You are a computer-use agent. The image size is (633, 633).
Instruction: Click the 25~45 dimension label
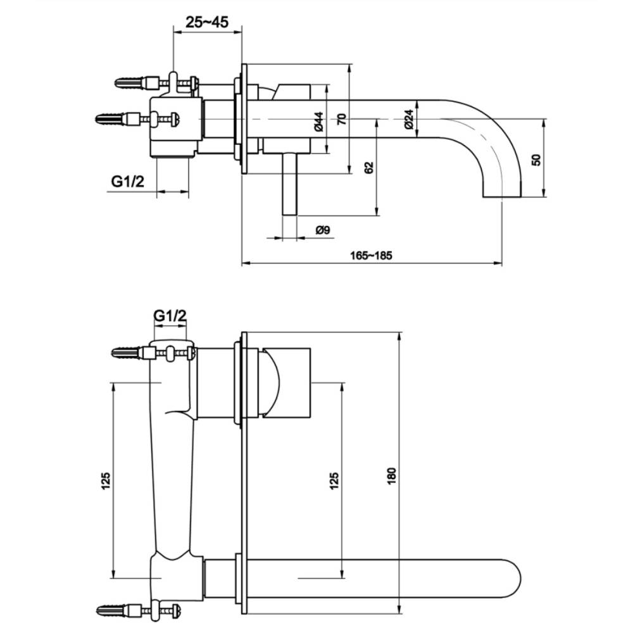pos(207,22)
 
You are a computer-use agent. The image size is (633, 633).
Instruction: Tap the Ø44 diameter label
pos(319,122)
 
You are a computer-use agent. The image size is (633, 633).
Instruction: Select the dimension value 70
pos(342,119)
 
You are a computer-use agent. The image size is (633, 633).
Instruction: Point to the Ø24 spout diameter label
pos(408,120)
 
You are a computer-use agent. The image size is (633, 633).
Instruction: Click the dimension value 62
pos(369,168)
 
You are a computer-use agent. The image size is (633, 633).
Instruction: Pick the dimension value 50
pos(536,160)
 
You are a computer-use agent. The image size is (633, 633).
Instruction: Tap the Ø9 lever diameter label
pos(323,230)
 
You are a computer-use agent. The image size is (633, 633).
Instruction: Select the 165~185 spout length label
pos(371,256)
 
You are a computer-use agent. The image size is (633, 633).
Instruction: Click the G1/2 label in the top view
pos(128,182)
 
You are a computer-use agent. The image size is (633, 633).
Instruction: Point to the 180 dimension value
pos(392,476)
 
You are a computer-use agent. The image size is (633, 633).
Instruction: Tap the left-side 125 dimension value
pos(105,481)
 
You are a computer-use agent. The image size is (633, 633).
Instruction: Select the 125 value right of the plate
pos(334,481)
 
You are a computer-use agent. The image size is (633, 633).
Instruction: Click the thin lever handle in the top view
pos(289,184)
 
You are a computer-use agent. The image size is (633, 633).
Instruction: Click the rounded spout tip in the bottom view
pos(511,579)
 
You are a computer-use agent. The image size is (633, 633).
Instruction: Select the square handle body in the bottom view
pos(287,382)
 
